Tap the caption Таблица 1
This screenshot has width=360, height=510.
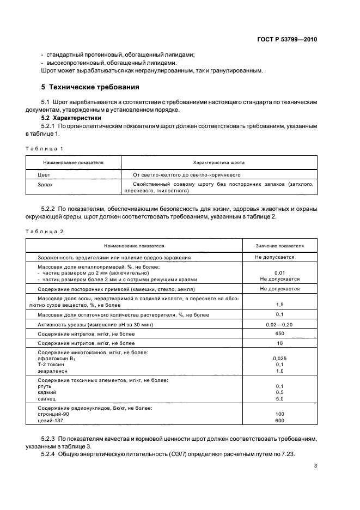click(x=45, y=148)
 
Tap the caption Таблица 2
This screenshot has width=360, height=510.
click(x=45, y=232)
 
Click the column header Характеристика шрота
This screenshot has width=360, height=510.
click(x=219, y=162)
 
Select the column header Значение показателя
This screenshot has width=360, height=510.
click(x=279, y=246)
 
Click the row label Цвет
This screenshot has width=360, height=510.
click(x=44, y=175)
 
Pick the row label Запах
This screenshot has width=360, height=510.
click(x=46, y=185)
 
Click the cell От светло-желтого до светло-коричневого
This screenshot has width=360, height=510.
click(x=187, y=175)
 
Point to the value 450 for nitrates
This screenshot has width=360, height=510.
click(x=279, y=333)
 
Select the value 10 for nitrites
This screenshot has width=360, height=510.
click(x=279, y=343)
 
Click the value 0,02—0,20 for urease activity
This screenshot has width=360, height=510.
click(x=279, y=324)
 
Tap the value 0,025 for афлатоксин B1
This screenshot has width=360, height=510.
click(x=279, y=358)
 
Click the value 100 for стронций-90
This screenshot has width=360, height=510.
click(x=279, y=414)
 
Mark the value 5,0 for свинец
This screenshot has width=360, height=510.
click(x=279, y=398)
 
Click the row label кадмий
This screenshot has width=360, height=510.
click(x=47, y=392)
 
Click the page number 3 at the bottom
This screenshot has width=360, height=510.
click(x=315, y=466)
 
